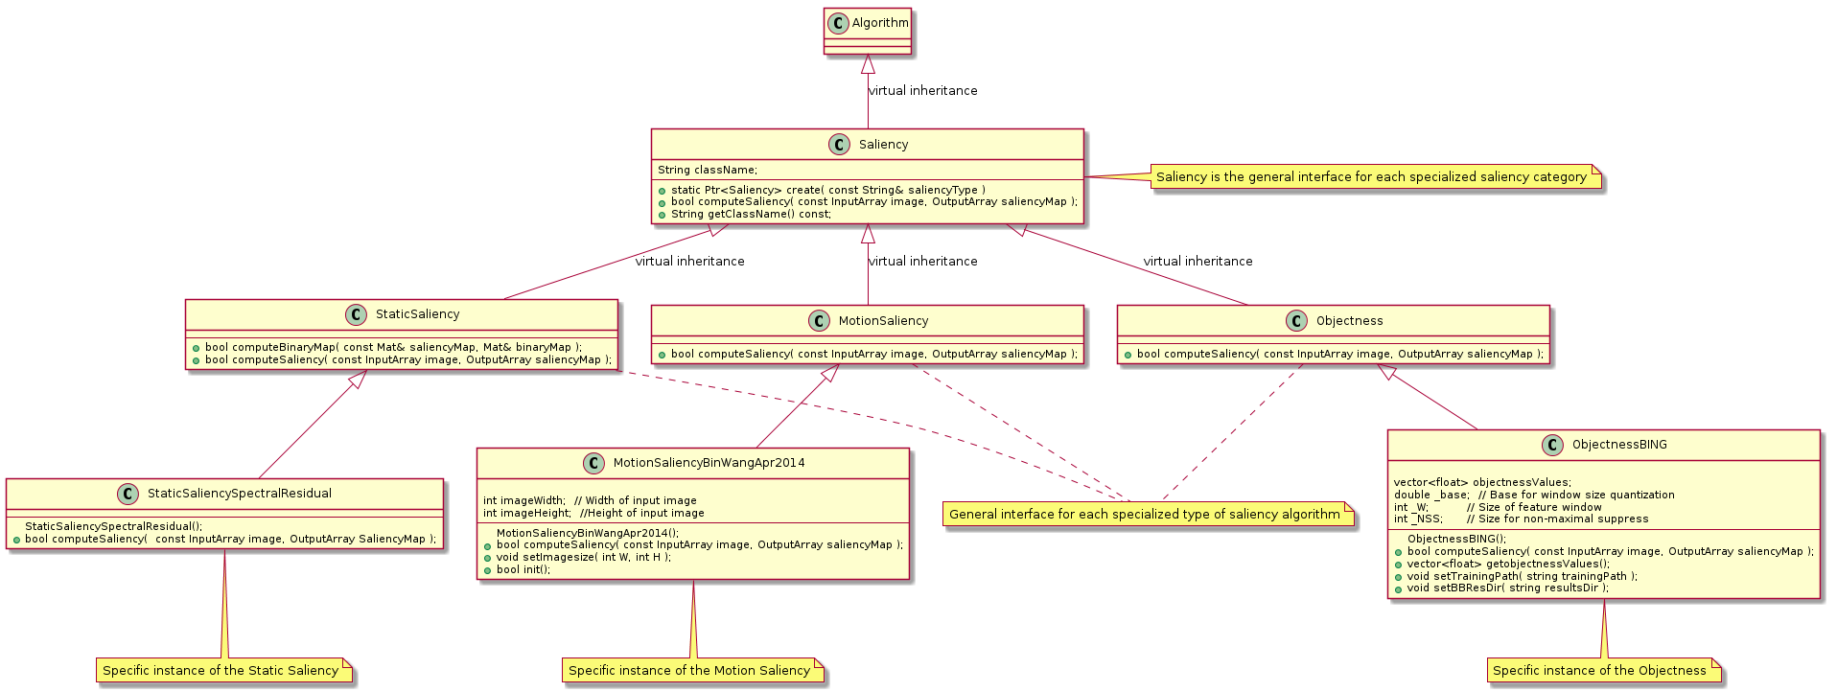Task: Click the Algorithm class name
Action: point(879,23)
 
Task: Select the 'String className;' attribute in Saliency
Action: point(708,171)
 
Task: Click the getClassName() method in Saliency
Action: point(751,215)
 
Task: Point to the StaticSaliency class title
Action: point(417,314)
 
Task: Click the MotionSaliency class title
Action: point(883,321)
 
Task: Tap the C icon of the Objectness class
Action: point(1296,321)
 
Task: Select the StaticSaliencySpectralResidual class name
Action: point(240,494)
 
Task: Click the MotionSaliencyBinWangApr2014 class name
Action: point(709,463)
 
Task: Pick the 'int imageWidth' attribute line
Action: point(590,501)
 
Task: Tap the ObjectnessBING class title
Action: point(1619,445)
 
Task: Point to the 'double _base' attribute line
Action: point(1534,496)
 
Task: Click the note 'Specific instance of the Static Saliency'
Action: point(221,671)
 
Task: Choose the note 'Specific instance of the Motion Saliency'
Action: point(689,671)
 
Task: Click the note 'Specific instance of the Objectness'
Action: point(1599,671)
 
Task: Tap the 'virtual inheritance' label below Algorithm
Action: point(922,91)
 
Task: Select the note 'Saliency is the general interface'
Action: point(1371,177)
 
